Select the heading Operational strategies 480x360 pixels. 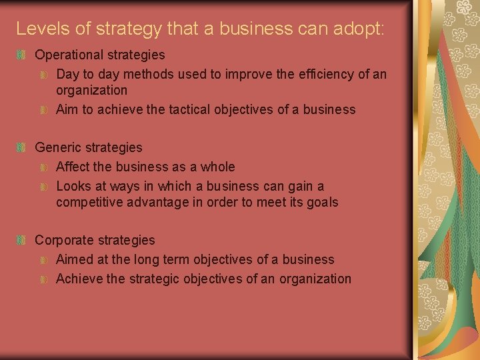click(x=99, y=55)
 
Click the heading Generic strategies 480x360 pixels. click(x=88, y=147)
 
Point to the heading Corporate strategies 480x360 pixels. click(x=94, y=240)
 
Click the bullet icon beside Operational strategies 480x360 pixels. click(x=22, y=55)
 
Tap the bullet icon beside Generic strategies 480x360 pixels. click(x=22, y=147)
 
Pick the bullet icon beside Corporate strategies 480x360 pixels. click(x=22, y=240)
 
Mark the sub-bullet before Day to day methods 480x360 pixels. click(x=44, y=75)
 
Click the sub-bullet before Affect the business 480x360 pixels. click(x=44, y=167)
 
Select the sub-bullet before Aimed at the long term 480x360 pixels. click(x=44, y=260)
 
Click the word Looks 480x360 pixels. click(x=73, y=186)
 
